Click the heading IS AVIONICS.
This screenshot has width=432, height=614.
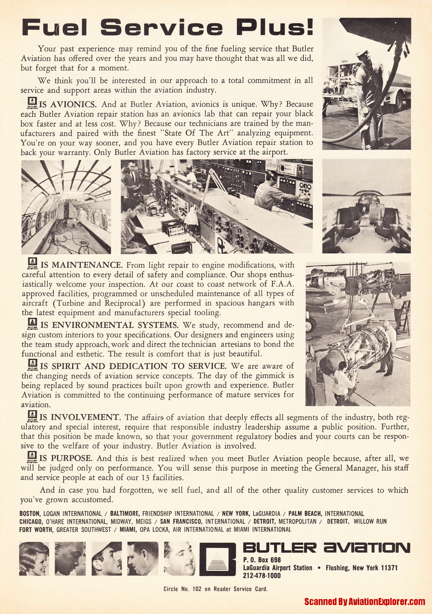click(x=68, y=104)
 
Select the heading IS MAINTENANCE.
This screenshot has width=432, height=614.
click(x=81, y=265)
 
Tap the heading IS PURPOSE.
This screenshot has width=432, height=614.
click(x=66, y=458)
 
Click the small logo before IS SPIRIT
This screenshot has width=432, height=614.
click(x=33, y=364)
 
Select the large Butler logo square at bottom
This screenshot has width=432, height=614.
click(x=218, y=559)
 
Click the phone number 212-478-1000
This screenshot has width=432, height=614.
click(x=262, y=576)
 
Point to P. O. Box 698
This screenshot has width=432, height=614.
click(x=262, y=560)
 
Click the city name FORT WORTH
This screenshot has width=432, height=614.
click(x=36, y=529)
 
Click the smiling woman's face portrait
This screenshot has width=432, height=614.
click(x=34, y=558)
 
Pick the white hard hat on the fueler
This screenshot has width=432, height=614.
click(x=362, y=53)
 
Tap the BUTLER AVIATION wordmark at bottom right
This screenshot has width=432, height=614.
click(x=326, y=548)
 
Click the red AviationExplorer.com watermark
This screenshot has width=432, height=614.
click(x=364, y=601)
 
